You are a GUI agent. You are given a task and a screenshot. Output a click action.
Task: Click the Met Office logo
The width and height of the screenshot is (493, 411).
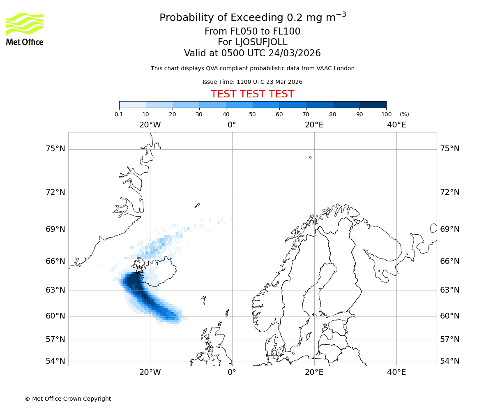pos(25,29)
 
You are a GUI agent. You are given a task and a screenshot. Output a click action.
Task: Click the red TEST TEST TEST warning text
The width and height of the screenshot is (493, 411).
pos(252,94)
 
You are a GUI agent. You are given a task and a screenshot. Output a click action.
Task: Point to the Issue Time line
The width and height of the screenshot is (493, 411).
pos(252,82)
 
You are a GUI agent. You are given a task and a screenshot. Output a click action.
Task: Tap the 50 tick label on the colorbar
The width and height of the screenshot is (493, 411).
pos(252,114)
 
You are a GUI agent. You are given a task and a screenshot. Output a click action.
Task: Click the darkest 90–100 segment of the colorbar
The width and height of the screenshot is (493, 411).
pos(373,105)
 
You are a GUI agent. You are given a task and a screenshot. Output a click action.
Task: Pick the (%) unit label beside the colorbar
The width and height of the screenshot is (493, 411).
pos(404,114)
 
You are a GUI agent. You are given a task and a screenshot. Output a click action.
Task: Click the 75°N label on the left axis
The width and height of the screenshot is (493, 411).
pos(55,148)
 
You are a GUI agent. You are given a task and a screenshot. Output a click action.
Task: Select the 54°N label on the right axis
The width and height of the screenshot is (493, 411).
pos(449,361)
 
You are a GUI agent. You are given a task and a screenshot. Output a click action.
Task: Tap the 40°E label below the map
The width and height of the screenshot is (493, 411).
pos(396,372)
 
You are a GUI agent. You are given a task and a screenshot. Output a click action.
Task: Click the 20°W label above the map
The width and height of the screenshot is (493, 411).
pos(150,125)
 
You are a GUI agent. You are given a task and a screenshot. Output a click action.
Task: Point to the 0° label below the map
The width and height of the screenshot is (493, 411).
pos(232,372)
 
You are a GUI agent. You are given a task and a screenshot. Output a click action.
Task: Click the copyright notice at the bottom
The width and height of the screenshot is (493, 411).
pos(68,399)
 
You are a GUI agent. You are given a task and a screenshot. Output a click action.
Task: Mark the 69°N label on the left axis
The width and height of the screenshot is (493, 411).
pos(55,229)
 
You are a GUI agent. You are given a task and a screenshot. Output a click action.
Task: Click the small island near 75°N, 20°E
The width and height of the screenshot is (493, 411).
pos(310,157)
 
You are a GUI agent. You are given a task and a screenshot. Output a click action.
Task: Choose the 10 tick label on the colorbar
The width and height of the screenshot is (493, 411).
pos(145,114)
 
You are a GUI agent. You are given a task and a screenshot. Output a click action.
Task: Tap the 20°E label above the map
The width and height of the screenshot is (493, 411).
pos(314,125)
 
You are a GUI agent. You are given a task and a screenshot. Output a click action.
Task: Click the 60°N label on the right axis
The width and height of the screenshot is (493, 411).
pos(449,316)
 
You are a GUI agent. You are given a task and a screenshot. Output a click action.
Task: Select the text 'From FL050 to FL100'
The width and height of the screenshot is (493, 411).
pos(252,32)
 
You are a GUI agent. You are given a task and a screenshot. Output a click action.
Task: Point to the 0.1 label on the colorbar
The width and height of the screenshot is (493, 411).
pos(119,114)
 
